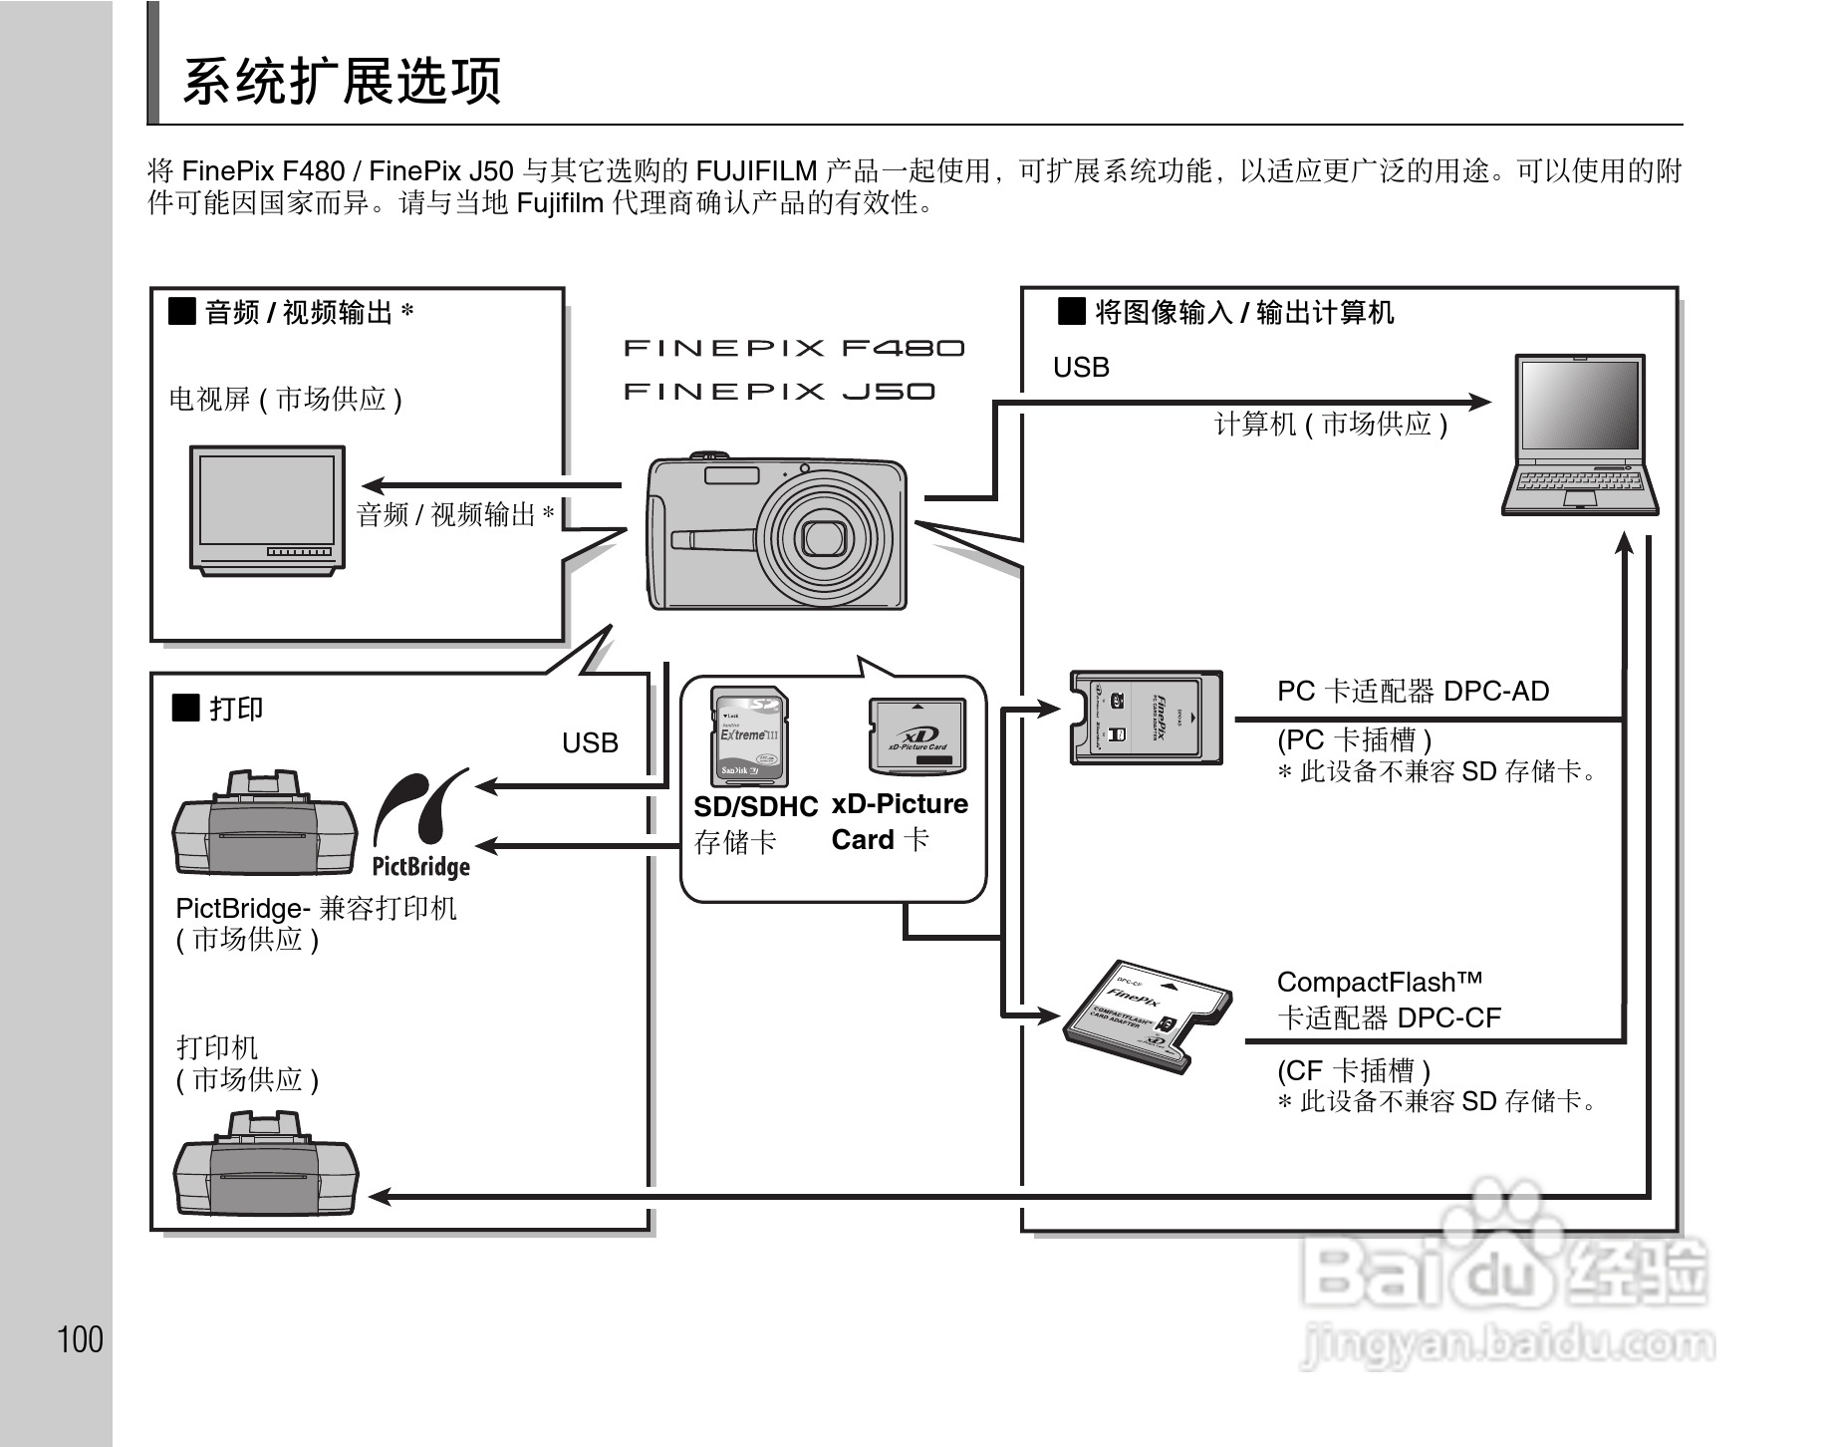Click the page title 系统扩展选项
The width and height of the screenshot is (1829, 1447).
click(x=342, y=82)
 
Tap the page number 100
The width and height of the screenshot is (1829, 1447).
click(x=81, y=1339)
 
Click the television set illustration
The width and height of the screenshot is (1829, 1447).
click(x=267, y=509)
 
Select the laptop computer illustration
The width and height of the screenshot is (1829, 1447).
click(x=1580, y=434)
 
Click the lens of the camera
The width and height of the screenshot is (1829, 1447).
click(x=824, y=536)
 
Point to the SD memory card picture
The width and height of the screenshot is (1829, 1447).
click(x=748, y=736)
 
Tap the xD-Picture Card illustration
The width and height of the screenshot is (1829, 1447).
click(x=917, y=736)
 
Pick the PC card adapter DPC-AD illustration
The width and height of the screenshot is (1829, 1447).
click(x=1147, y=718)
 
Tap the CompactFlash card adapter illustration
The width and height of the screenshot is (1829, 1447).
click(x=1146, y=1016)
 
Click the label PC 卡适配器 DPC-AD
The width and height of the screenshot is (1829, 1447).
click(x=1413, y=691)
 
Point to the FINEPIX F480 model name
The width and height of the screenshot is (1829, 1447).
click(x=794, y=348)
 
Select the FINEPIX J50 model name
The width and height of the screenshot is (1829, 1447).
click(x=779, y=391)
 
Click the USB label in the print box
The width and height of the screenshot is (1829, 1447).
click(x=590, y=743)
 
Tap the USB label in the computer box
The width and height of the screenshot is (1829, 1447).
click(x=1081, y=368)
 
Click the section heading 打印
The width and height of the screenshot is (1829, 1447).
click(x=235, y=709)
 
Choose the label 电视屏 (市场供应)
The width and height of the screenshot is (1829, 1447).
click(x=286, y=400)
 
